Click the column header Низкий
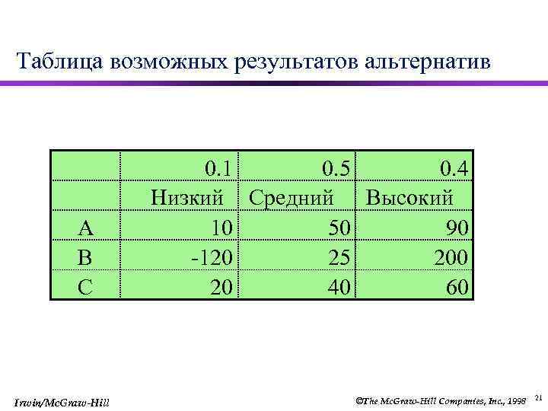(x=187, y=197)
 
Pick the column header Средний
(x=292, y=197)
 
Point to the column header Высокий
(x=409, y=197)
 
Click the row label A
(x=86, y=228)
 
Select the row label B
(x=86, y=256)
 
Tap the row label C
(x=86, y=286)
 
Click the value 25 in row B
(x=340, y=256)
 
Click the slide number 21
(x=538, y=397)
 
